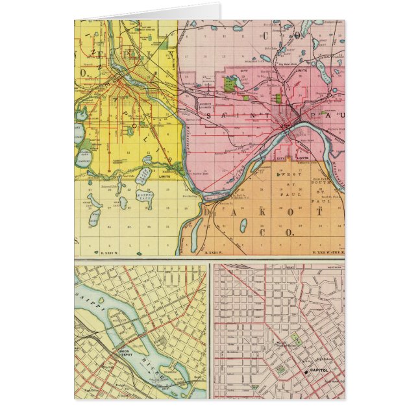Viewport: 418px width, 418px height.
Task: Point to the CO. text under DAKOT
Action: [286, 231]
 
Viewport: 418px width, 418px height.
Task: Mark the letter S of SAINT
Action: [209, 115]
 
